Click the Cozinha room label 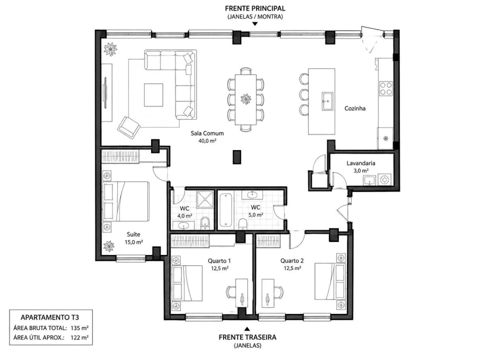[x=355, y=108]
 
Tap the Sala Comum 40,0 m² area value [x=207, y=141]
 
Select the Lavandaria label [x=360, y=163]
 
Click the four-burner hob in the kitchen [x=385, y=88]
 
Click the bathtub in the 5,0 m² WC [x=225, y=209]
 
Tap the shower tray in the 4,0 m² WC [x=205, y=199]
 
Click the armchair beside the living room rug [x=129, y=127]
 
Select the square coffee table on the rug [x=153, y=95]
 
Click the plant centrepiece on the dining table [x=246, y=99]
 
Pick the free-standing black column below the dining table [x=236, y=156]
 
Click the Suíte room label [x=133, y=234]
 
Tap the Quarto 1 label [x=219, y=261]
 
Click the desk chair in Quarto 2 [x=278, y=292]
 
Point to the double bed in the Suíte [x=126, y=201]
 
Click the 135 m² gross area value [x=79, y=328]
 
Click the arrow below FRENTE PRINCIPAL [x=254, y=24]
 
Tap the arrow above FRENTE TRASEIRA [x=247, y=329]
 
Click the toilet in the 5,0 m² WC [x=243, y=224]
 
